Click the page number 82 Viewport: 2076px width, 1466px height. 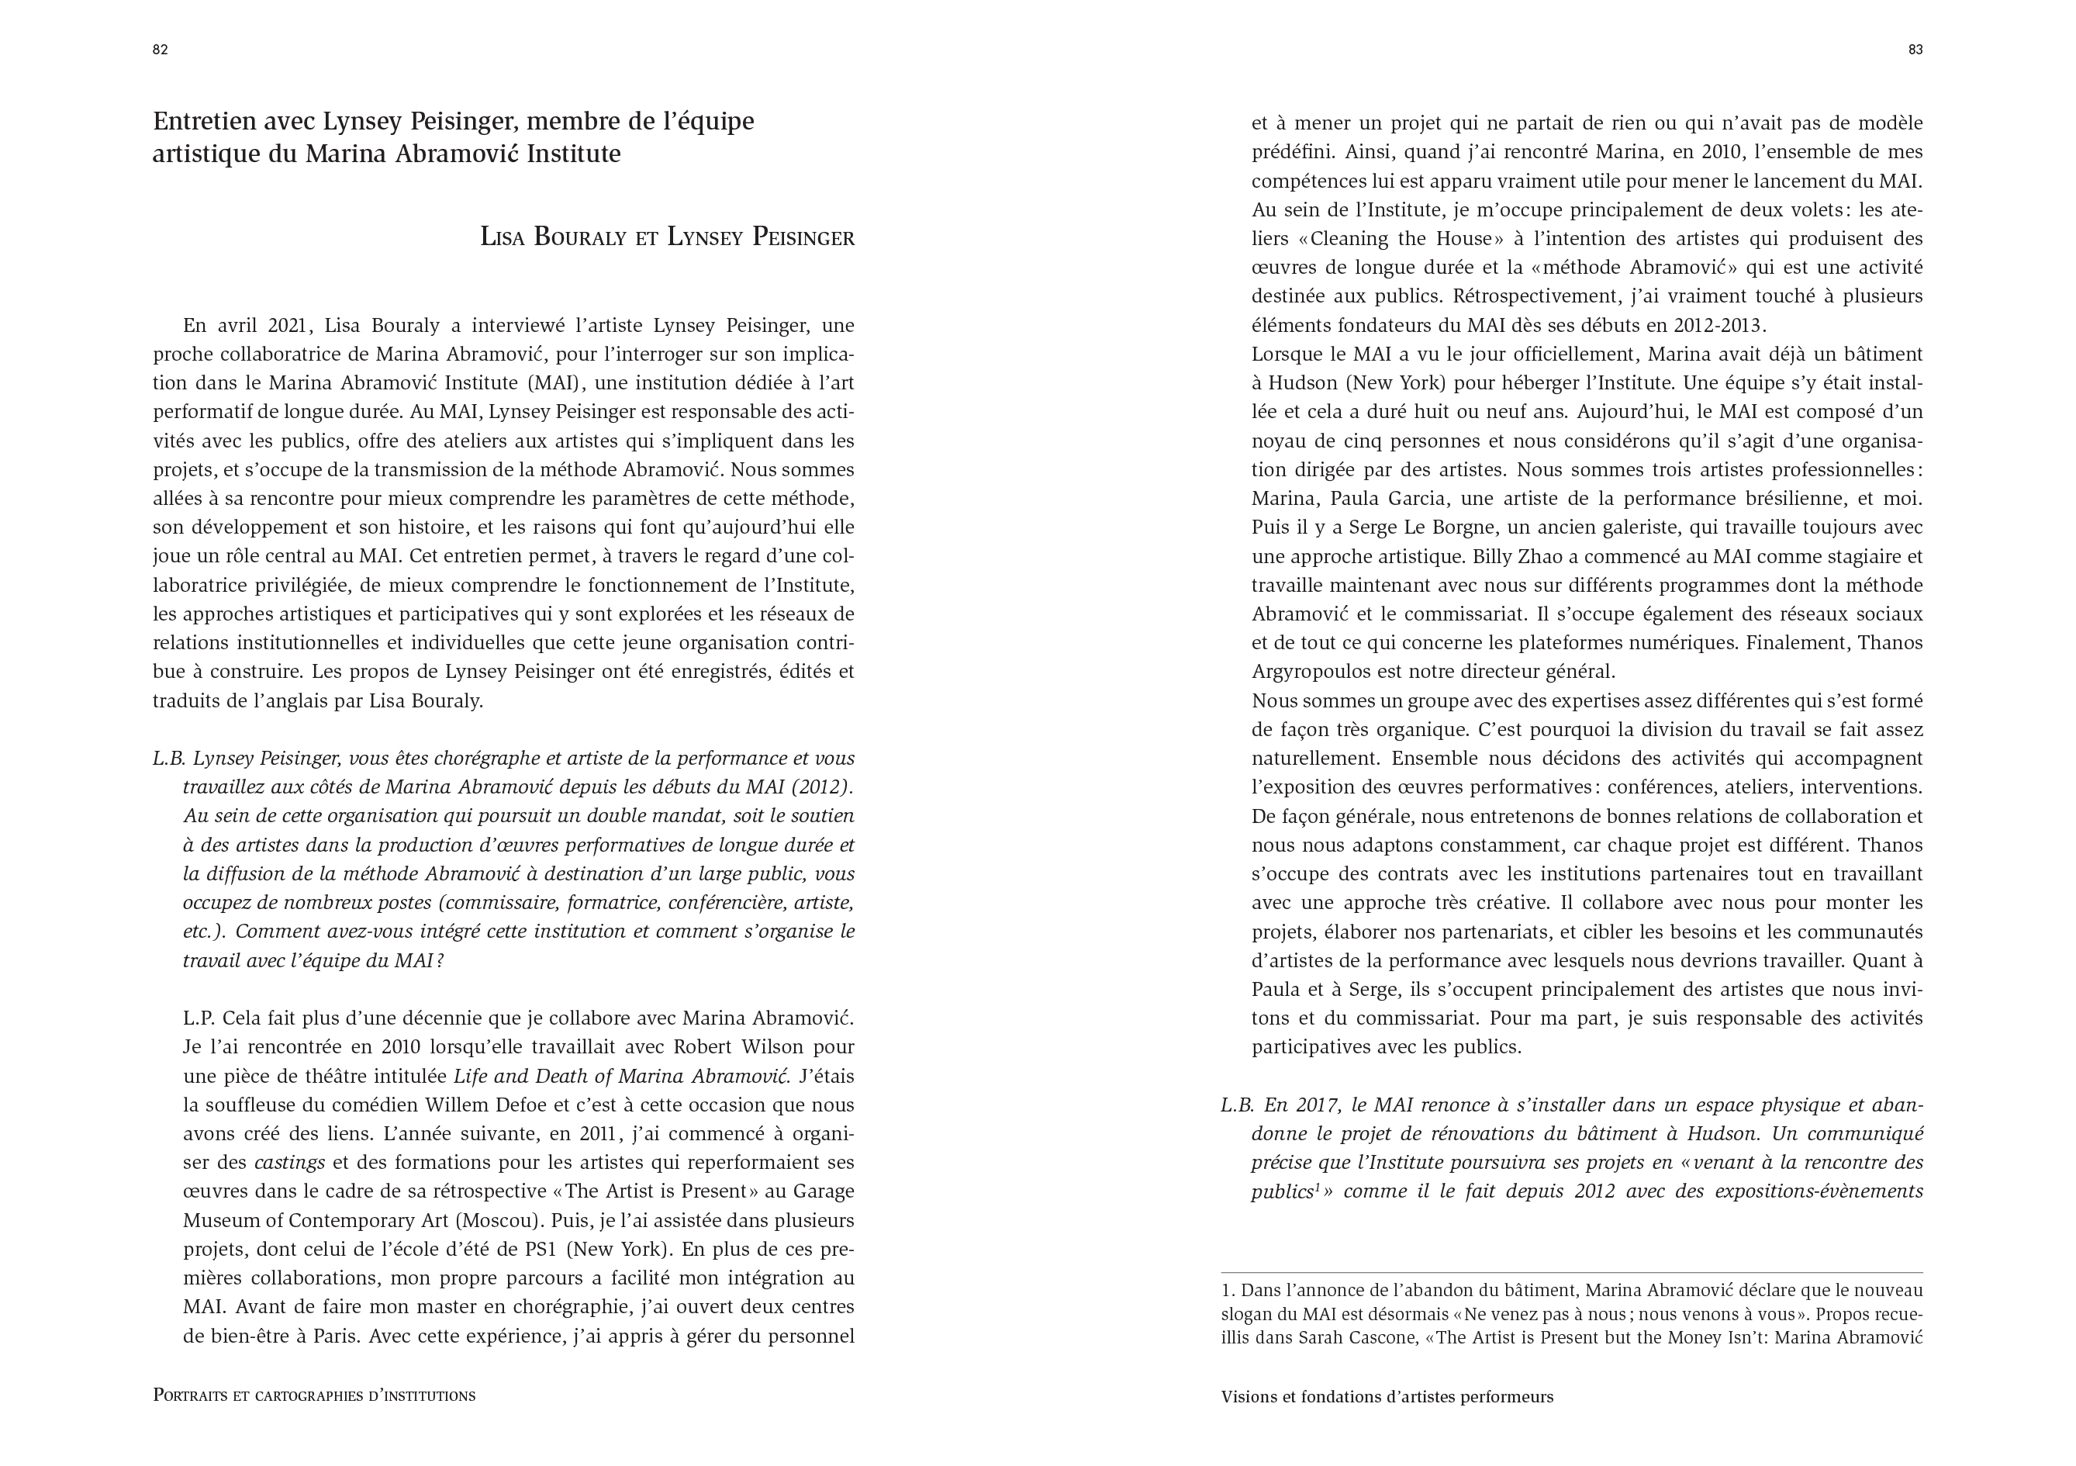pos(160,50)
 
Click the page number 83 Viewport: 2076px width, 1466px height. pos(1915,50)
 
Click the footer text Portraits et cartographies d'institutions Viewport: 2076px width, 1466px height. pos(314,1395)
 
